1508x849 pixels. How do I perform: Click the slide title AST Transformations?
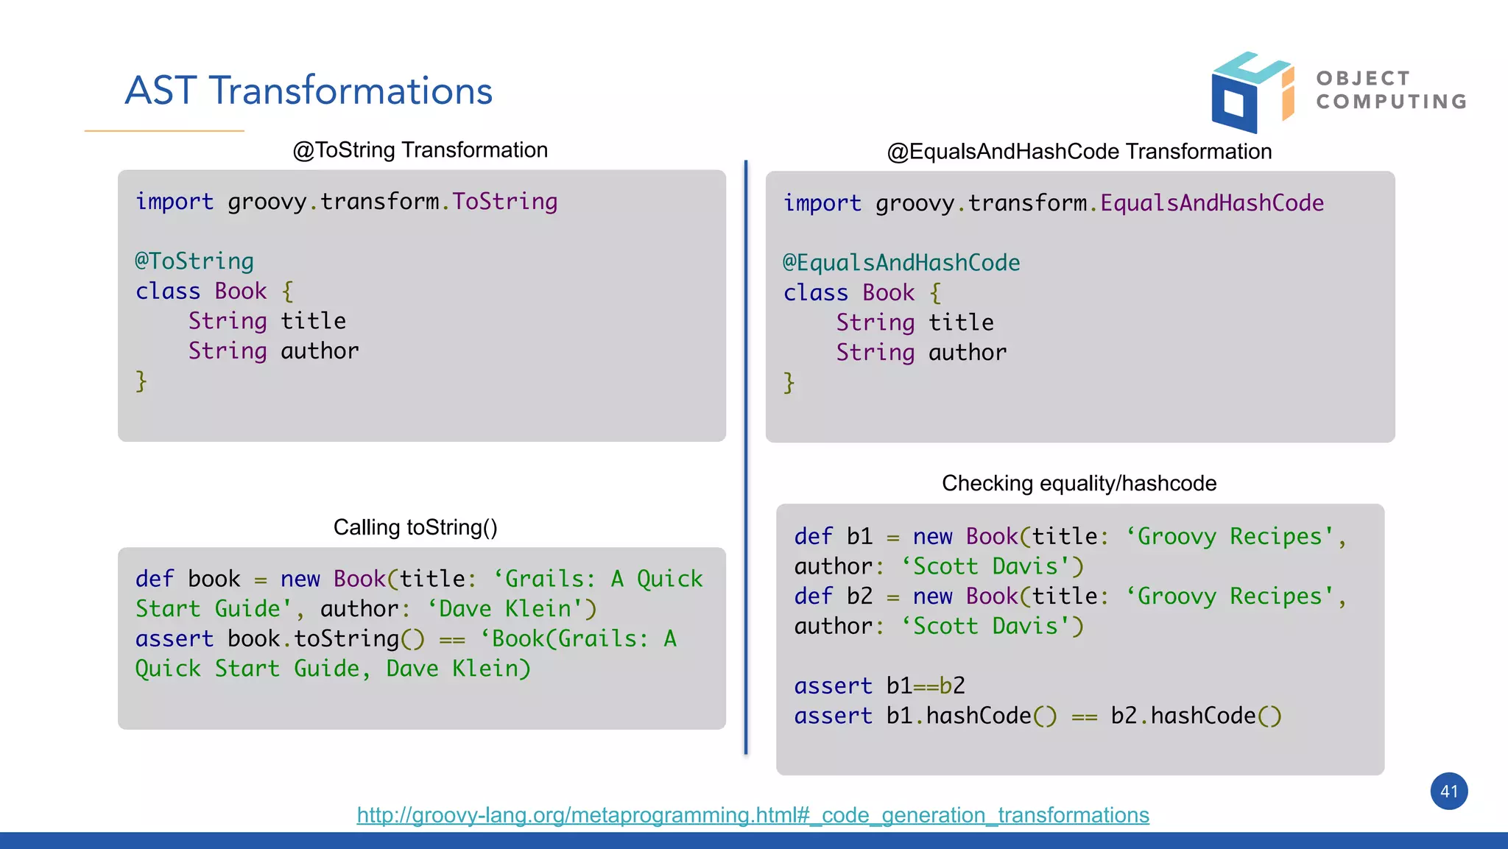[x=309, y=91]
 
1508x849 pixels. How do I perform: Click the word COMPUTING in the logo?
[x=1392, y=102]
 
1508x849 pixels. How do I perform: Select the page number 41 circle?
[x=1448, y=792]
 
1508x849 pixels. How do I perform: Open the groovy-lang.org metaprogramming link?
[x=753, y=815]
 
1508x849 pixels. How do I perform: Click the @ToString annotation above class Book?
[x=194, y=261]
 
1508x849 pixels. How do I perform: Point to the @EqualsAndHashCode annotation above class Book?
[x=901, y=263]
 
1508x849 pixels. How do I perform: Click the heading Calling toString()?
[x=415, y=527]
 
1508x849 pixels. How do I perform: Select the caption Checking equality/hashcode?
[x=1079, y=484]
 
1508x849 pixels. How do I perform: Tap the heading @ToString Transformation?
[x=420, y=150]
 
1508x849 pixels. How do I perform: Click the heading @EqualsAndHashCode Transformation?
[x=1079, y=152]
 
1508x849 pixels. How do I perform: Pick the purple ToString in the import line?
[x=505, y=202]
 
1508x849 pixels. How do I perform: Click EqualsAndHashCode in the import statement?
[x=1212, y=203]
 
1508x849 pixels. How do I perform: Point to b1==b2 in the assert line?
[x=926, y=686]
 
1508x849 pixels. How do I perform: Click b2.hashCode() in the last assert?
[x=1196, y=716]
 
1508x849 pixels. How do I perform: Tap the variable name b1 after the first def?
[x=859, y=537]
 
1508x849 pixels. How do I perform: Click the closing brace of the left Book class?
[x=141, y=381]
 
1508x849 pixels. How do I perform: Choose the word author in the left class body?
[x=320, y=351]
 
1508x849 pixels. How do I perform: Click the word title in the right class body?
[x=961, y=323]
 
